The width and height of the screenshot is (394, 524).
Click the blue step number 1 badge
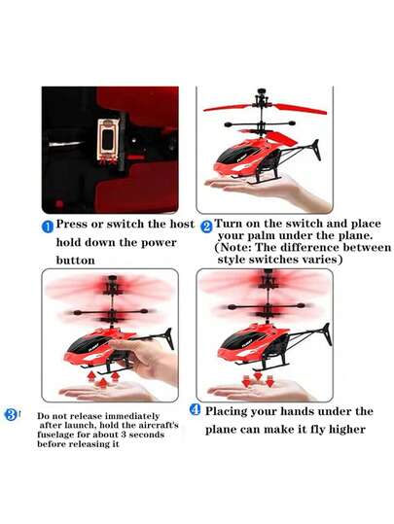tap(48, 227)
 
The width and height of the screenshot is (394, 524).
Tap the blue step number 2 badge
tap(206, 227)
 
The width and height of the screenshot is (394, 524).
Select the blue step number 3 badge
tap(11, 415)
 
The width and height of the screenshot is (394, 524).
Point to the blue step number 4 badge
tap(195, 409)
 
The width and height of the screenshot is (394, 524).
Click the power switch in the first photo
tap(108, 139)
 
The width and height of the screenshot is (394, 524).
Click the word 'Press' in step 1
tap(72, 225)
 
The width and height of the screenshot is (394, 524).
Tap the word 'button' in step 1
tap(75, 261)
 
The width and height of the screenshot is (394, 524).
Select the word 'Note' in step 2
tap(236, 248)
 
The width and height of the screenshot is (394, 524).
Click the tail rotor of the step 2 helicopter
tap(315, 151)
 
